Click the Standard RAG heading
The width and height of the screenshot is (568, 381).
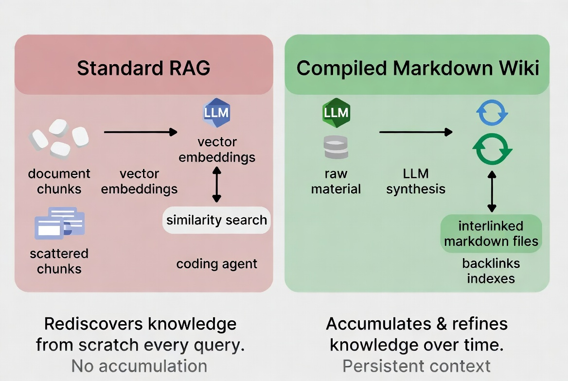(143, 68)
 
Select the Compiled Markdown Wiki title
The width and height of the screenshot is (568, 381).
(417, 68)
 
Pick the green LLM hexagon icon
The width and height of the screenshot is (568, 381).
(336, 113)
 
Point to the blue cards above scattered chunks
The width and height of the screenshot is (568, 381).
(59, 223)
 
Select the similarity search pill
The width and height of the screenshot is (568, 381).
(216, 220)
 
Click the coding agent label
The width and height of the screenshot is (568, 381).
(216, 264)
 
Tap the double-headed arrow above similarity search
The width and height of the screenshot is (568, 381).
(217, 184)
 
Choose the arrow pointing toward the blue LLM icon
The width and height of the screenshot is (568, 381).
(141, 132)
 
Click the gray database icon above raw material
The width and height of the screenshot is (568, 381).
(336, 147)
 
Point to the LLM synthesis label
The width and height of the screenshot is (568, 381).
(416, 181)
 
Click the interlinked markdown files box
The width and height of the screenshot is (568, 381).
(491, 234)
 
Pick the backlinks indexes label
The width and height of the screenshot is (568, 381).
(491, 271)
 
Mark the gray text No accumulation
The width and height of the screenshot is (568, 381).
(139, 365)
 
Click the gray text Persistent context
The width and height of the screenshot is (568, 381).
(416, 365)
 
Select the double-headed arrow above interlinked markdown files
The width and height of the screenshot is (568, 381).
(492, 191)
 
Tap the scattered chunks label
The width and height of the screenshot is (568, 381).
(59, 261)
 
